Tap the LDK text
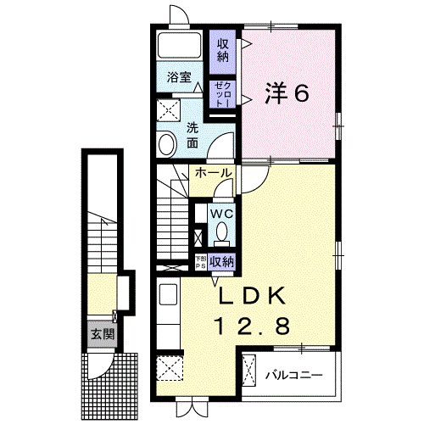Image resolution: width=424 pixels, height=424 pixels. tap(254, 298)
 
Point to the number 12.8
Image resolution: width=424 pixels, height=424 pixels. tap(254, 326)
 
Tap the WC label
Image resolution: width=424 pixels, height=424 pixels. tap(222, 213)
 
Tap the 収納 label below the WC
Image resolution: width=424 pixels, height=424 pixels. tap(221, 261)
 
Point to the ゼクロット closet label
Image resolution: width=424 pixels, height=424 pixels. tap(222, 93)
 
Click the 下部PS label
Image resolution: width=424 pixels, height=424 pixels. tap(200, 262)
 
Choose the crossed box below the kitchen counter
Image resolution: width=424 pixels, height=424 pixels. tap(168, 370)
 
